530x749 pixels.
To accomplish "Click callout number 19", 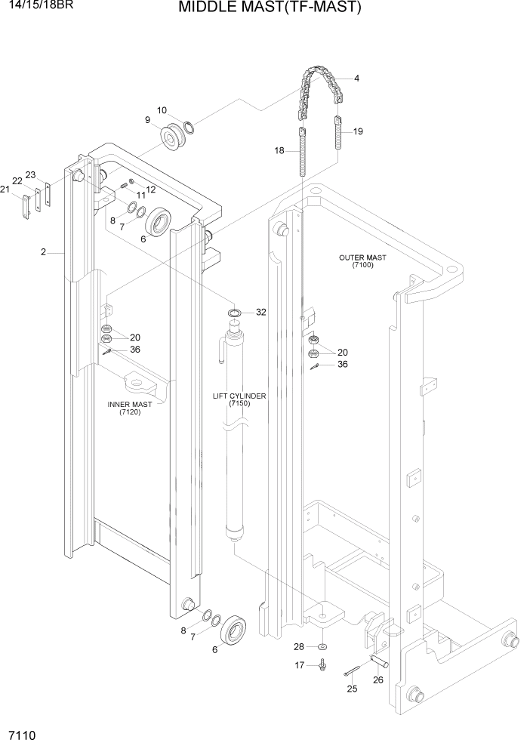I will [358, 131].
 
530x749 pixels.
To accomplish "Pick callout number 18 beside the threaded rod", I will [279, 151].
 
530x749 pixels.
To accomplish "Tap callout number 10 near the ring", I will [162, 110].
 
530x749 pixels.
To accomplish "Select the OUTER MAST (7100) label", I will [362, 261].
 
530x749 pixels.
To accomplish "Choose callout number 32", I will [261, 312].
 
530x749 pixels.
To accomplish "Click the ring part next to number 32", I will [235, 312].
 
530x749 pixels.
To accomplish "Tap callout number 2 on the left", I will [44, 253].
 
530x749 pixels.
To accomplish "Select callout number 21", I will [5, 190].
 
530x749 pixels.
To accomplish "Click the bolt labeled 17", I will [323, 665].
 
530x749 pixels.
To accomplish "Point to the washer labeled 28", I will [322, 647].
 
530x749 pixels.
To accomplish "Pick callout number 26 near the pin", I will [378, 680].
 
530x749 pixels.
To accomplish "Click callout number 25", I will [351, 689].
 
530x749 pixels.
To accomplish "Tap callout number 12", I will [151, 190].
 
